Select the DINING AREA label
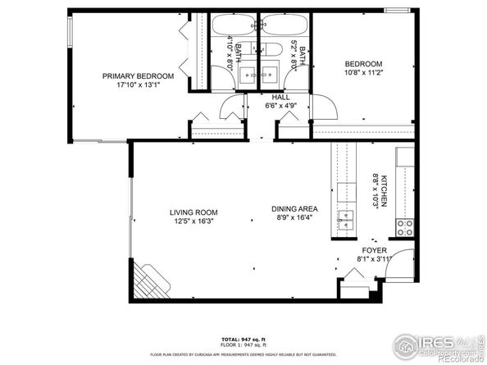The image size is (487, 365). (x=294, y=208)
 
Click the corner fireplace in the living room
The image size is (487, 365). (x=152, y=281)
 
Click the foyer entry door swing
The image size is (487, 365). (x=400, y=261)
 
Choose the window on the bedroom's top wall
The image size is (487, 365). (x=398, y=10)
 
